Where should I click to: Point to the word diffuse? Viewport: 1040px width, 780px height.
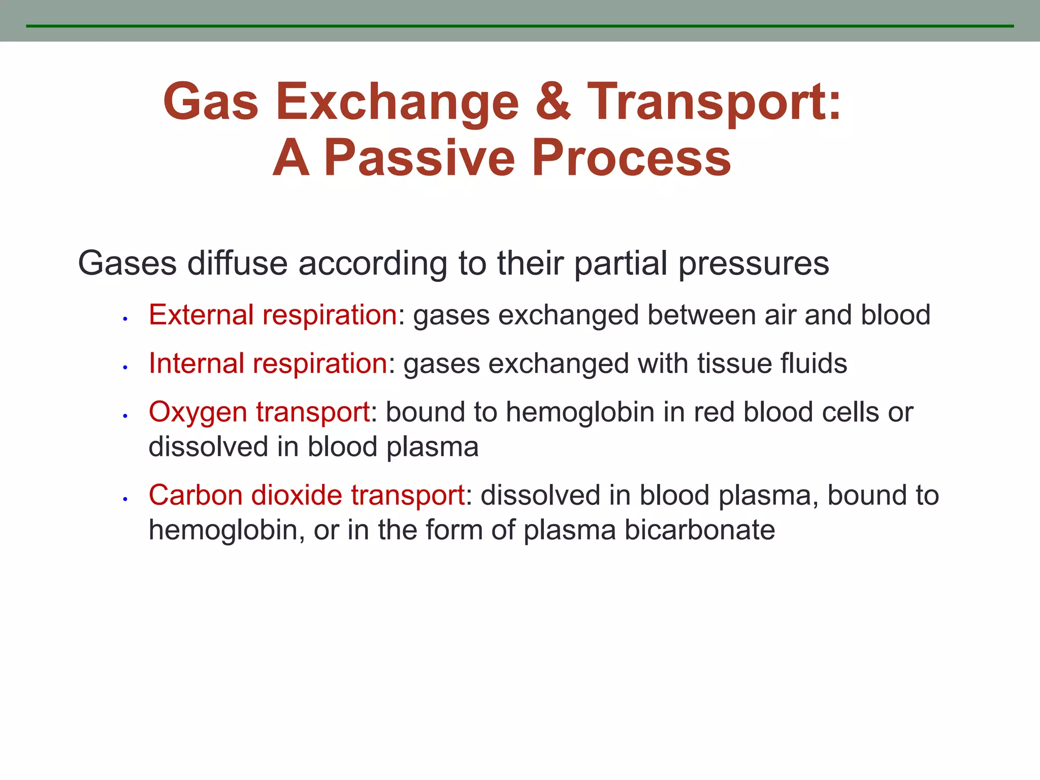[x=238, y=264]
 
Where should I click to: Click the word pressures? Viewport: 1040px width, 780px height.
[x=754, y=264]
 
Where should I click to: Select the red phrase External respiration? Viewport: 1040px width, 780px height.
[x=273, y=315]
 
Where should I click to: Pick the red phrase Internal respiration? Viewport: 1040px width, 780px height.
[x=268, y=364]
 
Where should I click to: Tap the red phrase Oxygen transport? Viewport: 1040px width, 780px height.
[x=259, y=412]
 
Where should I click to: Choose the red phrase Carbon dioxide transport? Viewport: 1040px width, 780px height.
[x=307, y=495]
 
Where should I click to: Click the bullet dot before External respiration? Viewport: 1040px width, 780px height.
[x=124, y=319]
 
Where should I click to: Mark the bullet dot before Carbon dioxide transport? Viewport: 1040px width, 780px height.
[x=124, y=499]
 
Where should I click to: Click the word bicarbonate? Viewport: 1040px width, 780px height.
[x=699, y=530]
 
